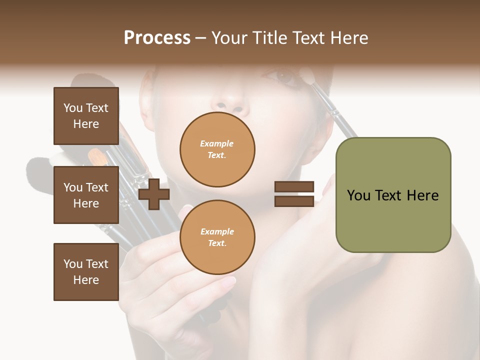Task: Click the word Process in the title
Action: pyautogui.click(x=157, y=38)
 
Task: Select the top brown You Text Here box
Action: pyautogui.click(x=86, y=116)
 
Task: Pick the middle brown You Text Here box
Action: pyautogui.click(x=86, y=195)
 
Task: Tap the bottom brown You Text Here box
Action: pyautogui.click(x=86, y=271)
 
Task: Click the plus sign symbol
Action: pyautogui.click(x=154, y=194)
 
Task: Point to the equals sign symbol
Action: pyautogui.click(x=294, y=194)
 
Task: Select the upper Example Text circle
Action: pyautogui.click(x=217, y=149)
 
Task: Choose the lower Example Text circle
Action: pyautogui.click(x=217, y=237)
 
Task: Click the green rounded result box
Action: pyautogui.click(x=393, y=195)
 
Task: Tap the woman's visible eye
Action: pyautogui.click(x=284, y=76)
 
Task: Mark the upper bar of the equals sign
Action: pyautogui.click(x=294, y=187)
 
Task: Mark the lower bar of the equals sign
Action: pyautogui.click(x=294, y=201)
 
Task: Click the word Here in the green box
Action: pyautogui.click(x=423, y=195)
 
